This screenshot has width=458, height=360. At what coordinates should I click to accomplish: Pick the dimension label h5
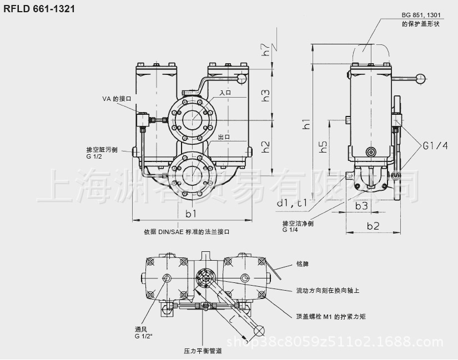pos(323,147)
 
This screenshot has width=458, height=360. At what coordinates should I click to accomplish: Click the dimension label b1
pos(191,213)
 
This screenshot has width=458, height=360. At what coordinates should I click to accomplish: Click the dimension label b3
pos(361,205)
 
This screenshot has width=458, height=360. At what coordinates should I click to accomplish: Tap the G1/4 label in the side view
pos(435,146)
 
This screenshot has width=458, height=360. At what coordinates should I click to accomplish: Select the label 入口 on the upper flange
pos(225,93)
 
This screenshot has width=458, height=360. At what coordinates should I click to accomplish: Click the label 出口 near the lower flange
pos(224,137)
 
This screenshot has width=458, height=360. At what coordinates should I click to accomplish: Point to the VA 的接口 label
pos(115,99)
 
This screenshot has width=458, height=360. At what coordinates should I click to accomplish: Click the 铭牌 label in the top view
pos(303,264)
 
